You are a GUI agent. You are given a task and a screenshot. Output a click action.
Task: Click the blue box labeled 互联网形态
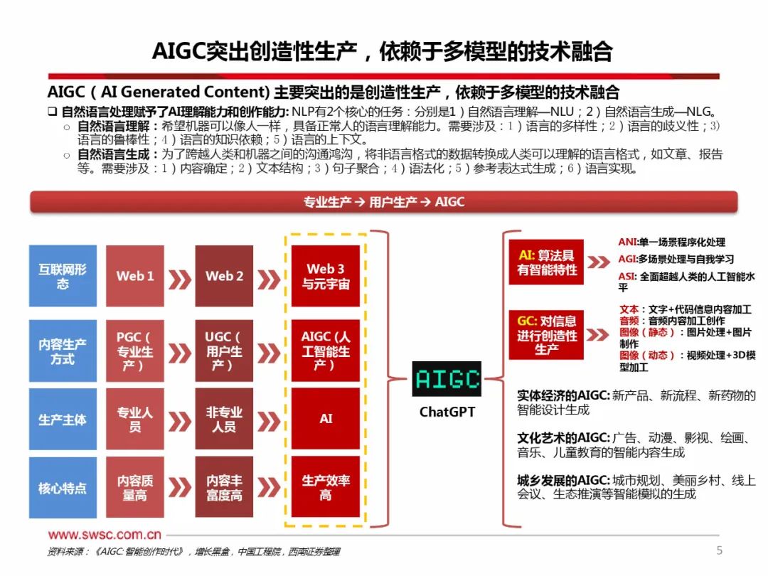pos(63,276)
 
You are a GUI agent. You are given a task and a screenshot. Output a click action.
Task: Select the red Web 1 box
pos(135,276)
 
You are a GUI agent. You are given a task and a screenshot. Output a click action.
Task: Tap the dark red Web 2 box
pos(224,276)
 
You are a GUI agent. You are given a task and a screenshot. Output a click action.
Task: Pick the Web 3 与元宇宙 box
pos(326,276)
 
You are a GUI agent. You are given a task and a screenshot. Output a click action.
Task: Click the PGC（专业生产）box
pos(135,351)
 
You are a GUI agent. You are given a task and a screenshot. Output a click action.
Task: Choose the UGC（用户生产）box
pos(224,351)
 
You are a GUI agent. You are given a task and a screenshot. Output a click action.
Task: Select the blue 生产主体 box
pos(63,420)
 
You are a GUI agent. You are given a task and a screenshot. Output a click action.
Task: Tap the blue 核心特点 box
pos(63,489)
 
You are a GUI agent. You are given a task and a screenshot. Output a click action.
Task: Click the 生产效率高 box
pos(326,489)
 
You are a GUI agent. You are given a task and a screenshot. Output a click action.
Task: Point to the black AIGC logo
pos(447,379)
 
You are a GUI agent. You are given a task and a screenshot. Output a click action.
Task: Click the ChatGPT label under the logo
pos(447,412)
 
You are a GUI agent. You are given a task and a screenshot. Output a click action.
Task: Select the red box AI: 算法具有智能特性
pos(546,262)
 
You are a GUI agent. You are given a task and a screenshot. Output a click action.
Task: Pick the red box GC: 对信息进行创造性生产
pos(546,335)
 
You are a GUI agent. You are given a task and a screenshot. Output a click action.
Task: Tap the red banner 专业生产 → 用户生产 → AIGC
pos(384,202)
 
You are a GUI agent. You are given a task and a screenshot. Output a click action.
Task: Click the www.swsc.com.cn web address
pos(105,535)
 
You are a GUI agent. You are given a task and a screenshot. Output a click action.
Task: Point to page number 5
pos(719,550)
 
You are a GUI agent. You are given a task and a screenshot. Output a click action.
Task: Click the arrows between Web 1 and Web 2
pos(180,276)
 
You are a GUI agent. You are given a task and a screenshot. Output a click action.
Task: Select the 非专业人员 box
pos(224,420)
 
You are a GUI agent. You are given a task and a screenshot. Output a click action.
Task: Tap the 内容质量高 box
pos(135,489)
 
